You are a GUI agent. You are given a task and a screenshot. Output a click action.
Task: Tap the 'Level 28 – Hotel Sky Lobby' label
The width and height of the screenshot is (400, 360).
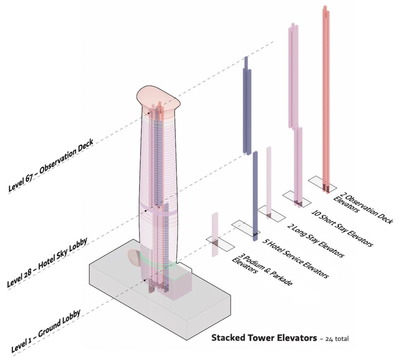coord(47,264)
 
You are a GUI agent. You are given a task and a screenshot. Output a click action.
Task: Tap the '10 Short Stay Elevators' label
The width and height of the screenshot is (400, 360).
coord(341,227)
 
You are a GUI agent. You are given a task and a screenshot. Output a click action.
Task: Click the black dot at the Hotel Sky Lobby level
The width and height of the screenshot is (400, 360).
coord(148,207)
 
